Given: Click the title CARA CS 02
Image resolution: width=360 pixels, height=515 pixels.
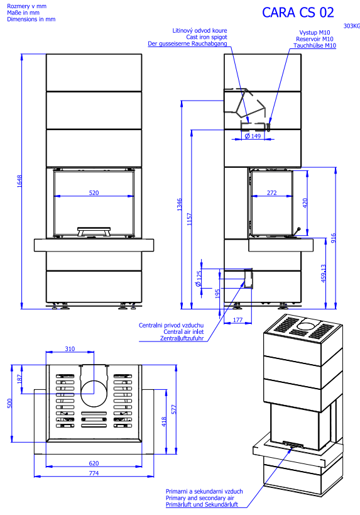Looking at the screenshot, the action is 298,13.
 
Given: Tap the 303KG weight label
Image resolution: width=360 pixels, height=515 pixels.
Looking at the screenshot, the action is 351,26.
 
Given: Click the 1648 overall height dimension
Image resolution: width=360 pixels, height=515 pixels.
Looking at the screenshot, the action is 19,181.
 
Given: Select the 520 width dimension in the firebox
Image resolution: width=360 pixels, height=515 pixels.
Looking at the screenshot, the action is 94,193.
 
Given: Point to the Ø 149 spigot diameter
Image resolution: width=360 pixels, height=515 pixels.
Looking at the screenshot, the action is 253,136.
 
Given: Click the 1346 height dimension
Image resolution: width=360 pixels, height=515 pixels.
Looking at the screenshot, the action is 180,204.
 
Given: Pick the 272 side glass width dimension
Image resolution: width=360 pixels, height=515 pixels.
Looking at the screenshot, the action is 271,193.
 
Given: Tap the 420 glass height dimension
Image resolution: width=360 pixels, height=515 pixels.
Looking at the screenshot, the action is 305,203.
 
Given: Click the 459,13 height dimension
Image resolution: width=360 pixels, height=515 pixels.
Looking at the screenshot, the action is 324,274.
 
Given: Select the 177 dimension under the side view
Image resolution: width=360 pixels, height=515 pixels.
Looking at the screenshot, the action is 237,319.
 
